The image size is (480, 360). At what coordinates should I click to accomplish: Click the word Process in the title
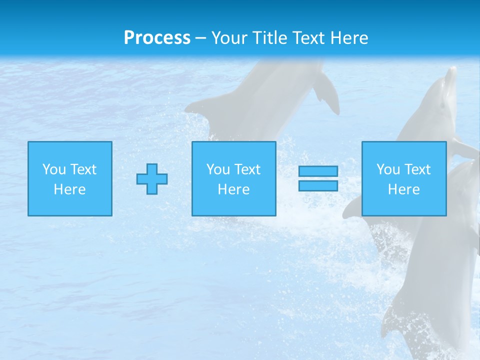pyautogui.click(x=157, y=38)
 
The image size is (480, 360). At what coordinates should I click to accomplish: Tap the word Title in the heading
pyautogui.click(x=270, y=38)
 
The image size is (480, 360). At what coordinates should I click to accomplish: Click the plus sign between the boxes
pyautogui.click(x=152, y=179)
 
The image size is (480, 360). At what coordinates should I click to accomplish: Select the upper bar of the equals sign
pyautogui.click(x=318, y=171)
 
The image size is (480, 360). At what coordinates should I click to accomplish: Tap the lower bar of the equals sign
pyautogui.click(x=318, y=186)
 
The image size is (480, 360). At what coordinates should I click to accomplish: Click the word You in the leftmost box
pyautogui.click(x=54, y=169)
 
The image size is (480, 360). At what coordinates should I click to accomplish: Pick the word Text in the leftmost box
pyautogui.click(x=83, y=169)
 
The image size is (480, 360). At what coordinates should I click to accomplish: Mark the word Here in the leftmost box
pyautogui.click(x=69, y=189)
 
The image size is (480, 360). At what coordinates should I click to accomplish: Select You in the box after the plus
pyautogui.click(x=218, y=169)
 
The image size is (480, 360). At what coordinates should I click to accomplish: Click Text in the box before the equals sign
pyautogui.click(x=247, y=169)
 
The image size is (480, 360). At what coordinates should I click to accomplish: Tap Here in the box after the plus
pyautogui.click(x=233, y=189)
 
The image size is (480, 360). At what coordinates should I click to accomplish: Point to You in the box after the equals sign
pyautogui.click(x=388, y=169)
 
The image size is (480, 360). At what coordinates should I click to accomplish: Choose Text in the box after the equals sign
pyautogui.click(x=417, y=169)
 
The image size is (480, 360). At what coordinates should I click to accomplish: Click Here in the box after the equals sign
pyautogui.click(x=403, y=189)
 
